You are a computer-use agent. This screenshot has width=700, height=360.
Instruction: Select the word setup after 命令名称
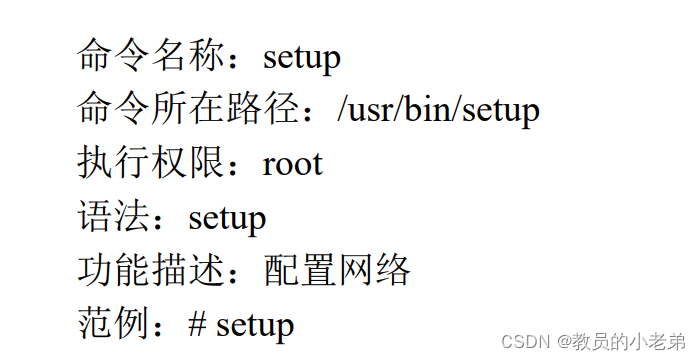[302, 57]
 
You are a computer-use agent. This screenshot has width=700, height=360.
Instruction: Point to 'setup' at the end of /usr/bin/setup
[501, 111]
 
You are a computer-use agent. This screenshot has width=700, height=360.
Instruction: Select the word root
[292, 164]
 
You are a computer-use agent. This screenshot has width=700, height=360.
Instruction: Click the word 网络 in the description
[375, 271]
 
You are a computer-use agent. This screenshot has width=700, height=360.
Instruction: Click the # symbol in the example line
[197, 324]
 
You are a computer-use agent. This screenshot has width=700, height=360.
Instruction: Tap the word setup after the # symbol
[255, 325]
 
